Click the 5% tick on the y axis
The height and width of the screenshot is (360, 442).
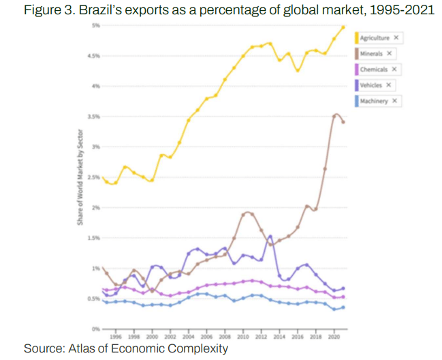click(x=96, y=25)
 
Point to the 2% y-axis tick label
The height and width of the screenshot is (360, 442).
click(x=96, y=207)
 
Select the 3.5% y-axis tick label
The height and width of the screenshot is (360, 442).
click(x=95, y=117)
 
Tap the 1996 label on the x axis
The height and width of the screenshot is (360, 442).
click(x=116, y=337)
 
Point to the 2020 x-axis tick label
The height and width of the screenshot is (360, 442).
click(x=334, y=337)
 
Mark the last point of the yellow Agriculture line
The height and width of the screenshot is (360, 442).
click(x=343, y=27)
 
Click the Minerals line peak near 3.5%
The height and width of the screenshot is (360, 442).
click(x=336, y=115)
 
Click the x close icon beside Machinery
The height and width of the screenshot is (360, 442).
click(x=394, y=101)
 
